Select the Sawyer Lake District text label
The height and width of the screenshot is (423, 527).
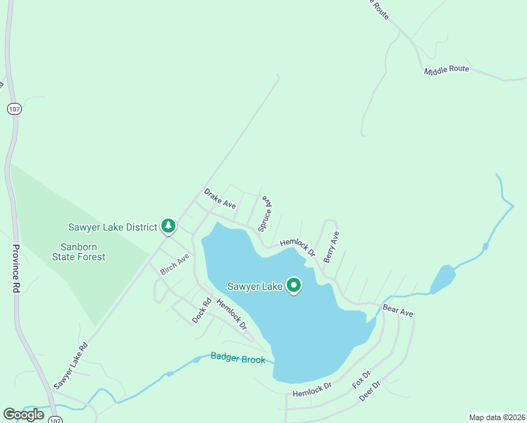click(112, 227)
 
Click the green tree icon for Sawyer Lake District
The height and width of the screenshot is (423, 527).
click(168, 226)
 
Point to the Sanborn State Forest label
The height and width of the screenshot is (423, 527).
click(82, 252)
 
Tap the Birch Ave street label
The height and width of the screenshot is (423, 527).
click(175, 264)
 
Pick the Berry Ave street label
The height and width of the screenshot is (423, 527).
click(331, 247)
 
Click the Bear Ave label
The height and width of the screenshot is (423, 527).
click(397, 309)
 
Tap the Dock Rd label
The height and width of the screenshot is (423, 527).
click(201, 312)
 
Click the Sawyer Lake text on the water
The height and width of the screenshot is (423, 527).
click(254, 286)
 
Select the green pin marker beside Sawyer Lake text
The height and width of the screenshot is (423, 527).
click(293, 286)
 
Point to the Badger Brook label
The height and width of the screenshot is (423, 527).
click(238, 359)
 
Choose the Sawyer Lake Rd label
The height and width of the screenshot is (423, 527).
click(70, 366)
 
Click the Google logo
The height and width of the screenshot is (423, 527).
click(23, 415)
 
